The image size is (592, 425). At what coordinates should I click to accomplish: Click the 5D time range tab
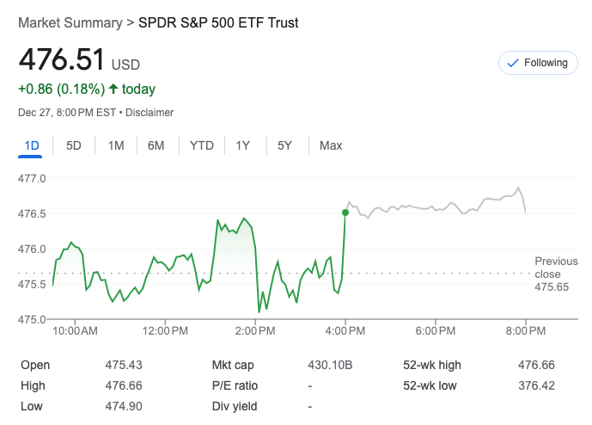click(74, 145)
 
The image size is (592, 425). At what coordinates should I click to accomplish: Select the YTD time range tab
click(201, 145)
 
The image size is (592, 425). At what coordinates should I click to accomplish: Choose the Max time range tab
click(331, 145)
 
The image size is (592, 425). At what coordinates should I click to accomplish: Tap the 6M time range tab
click(156, 145)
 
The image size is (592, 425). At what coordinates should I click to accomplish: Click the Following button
click(538, 63)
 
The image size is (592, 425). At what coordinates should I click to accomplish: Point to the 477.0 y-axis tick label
click(33, 179)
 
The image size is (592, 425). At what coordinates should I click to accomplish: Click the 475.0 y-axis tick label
click(33, 319)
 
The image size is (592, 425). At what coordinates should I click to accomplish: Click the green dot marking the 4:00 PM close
click(345, 212)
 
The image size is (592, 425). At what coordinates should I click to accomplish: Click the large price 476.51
click(62, 60)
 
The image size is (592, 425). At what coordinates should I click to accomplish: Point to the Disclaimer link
click(150, 113)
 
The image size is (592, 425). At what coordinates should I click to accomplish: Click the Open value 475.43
click(122, 365)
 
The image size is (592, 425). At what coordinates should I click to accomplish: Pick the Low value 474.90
click(123, 406)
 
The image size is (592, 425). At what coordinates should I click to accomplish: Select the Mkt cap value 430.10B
click(330, 365)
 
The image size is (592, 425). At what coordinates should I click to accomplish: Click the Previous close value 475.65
click(552, 286)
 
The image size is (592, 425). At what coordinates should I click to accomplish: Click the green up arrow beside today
click(113, 89)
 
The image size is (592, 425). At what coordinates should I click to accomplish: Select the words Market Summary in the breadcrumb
click(70, 23)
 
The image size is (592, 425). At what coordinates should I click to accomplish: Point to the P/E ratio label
click(235, 385)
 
